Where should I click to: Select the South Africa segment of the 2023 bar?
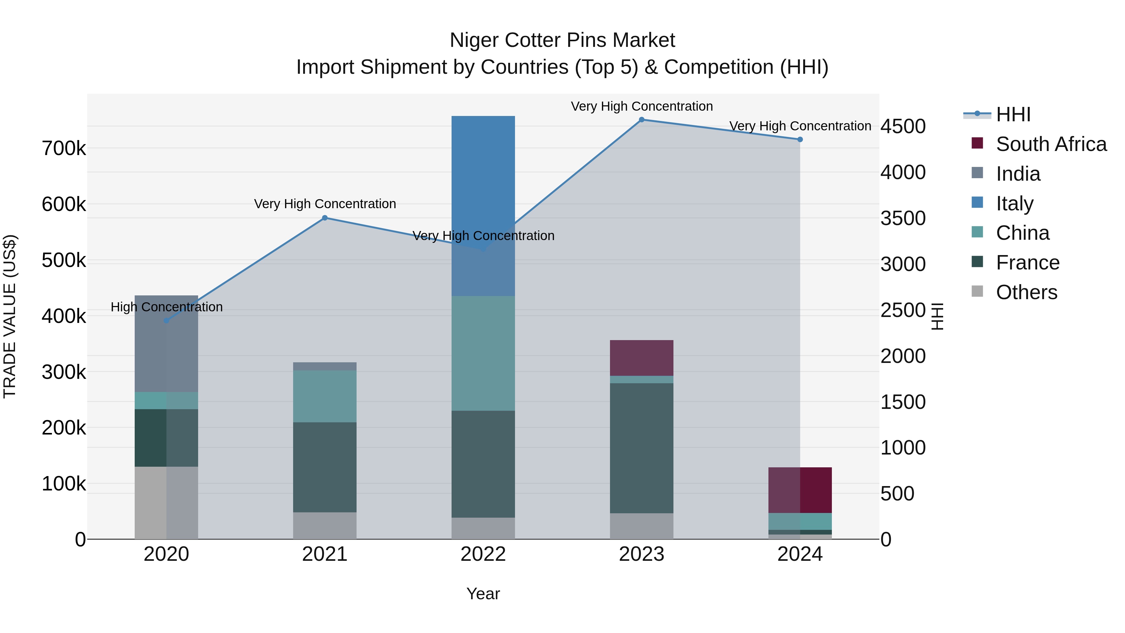tap(642, 358)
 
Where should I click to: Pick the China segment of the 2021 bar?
tap(324, 396)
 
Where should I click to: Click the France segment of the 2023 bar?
tap(642, 448)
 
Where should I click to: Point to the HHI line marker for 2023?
tap(642, 120)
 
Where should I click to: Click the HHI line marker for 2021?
tap(324, 218)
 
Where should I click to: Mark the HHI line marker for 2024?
tap(800, 140)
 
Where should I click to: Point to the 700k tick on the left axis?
tap(64, 148)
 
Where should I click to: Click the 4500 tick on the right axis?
tap(903, 126)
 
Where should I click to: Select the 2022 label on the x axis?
tap(483, 554)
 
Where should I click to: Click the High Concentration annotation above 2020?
tap(166, 307)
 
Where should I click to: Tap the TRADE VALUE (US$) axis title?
tap(10, 316)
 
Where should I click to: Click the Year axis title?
tap(483, 594)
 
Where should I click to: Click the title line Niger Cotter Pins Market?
tap(562, 40)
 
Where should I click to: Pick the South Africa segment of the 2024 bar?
tap(800, 490)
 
